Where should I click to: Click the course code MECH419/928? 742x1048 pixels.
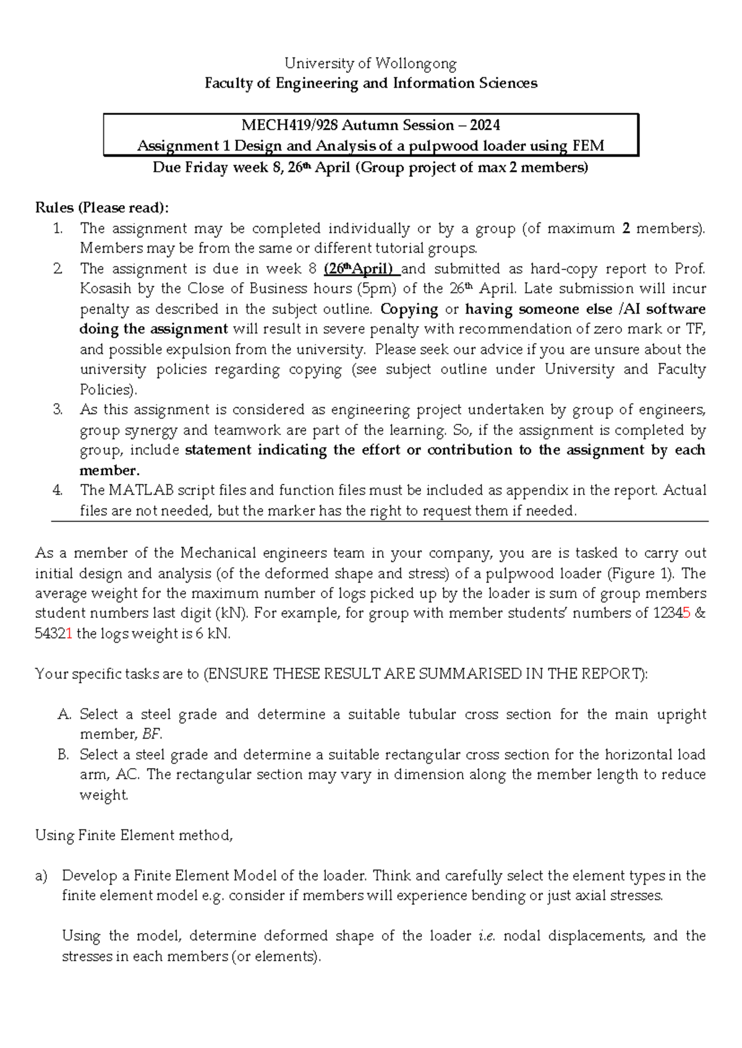click(289, 125)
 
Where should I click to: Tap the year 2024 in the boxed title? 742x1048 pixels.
click(485, 125)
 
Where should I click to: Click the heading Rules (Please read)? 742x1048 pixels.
click(101, 208)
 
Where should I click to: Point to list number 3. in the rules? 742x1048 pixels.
click(58, 410)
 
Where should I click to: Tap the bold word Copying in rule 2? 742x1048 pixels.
click(409, 309)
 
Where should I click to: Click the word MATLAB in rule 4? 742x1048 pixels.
click(141, 491)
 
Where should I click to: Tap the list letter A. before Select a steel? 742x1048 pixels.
click(64, 715)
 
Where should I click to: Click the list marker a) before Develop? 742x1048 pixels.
click(41, 876)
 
